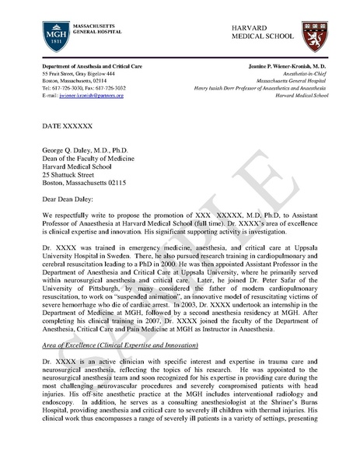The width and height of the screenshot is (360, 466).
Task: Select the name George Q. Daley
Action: click(69, 156)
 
